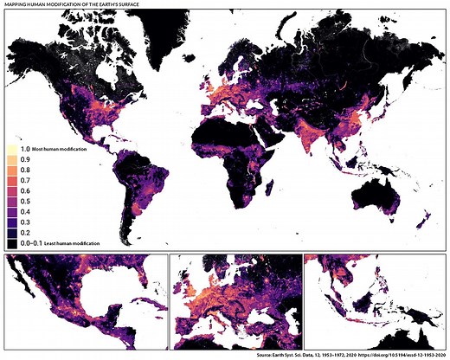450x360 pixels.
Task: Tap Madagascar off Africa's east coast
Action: [279, 189]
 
